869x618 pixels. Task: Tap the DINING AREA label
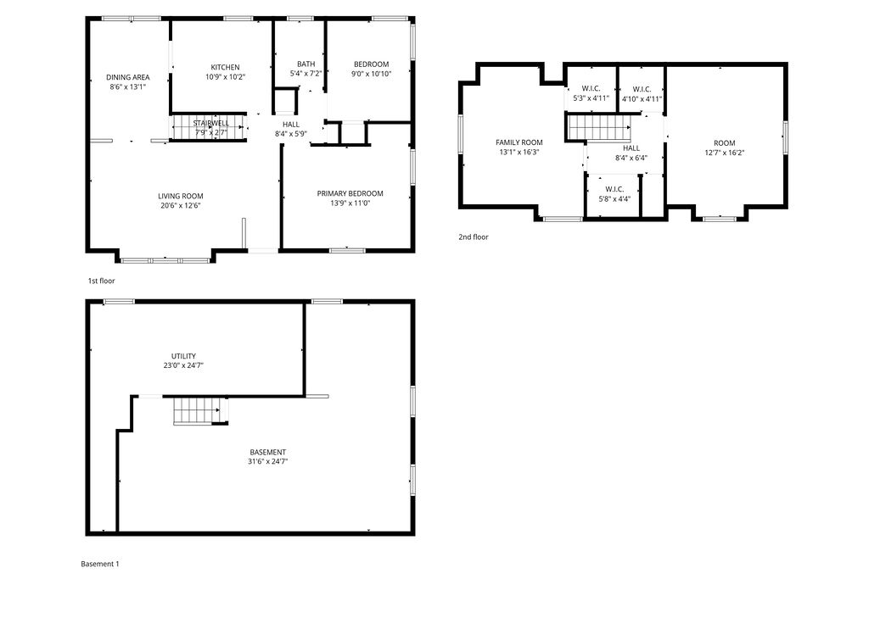tap(128, 77)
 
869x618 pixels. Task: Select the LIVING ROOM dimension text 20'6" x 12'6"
tap(180, 205)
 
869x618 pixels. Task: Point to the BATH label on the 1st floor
tap(306, 64)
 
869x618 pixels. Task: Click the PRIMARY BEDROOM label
tap(350, 193)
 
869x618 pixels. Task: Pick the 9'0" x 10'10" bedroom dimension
tap(371, 75)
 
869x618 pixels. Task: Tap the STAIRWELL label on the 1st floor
tap(211, 123)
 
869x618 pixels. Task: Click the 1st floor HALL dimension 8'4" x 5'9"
tap(291, 134)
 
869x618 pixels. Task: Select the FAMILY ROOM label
tap(519, 142)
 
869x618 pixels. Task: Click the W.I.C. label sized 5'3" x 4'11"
tap(591, 89)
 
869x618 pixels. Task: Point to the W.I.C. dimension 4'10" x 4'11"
tap(642, 99)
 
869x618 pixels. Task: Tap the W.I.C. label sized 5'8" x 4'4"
tap(614, 189)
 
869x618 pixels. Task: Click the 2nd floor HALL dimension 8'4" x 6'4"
tap(631, 158)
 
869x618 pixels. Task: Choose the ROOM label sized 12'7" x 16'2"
tap(724, 142)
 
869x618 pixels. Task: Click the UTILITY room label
tap(183, 356)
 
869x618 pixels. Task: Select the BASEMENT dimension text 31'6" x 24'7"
tap(267, 462)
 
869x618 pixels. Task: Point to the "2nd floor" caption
tap(474, 237)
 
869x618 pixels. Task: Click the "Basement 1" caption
tap(100, 564)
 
